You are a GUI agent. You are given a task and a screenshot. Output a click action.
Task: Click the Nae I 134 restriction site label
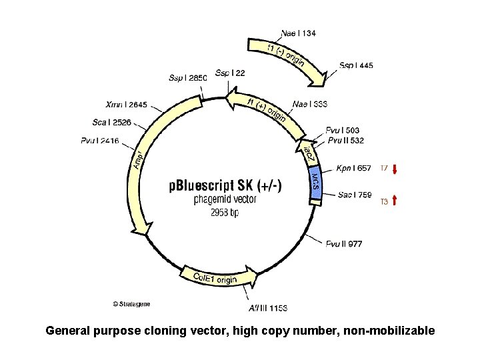pos(299,33)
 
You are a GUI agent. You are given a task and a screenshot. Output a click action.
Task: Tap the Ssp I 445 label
pos(356,65)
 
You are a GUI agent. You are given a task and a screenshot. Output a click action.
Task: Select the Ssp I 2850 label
pos(188,78)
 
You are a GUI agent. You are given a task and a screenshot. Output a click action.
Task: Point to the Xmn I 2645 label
pos(127,105)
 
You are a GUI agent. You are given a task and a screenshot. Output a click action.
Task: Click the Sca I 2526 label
pos(112,122)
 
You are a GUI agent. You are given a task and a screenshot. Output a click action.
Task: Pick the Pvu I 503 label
pos(343,130)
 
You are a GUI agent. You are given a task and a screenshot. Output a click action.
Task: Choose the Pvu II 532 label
pos(345,141)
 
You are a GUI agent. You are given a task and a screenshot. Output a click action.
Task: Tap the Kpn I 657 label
pos(354,168)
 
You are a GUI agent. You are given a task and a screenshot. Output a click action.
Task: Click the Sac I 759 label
pos(355,195)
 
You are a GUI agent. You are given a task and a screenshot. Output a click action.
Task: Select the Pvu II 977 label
pos(344,243)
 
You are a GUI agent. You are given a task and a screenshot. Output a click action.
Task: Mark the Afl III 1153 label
pos(269,307)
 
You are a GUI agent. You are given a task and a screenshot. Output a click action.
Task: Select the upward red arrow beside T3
pos(395,199)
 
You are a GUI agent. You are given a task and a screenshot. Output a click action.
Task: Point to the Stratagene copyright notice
pos(131,304)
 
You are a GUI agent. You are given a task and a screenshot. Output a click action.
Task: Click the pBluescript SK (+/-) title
pos(225,187)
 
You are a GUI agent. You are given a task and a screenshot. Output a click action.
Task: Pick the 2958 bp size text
pos(225,213)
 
